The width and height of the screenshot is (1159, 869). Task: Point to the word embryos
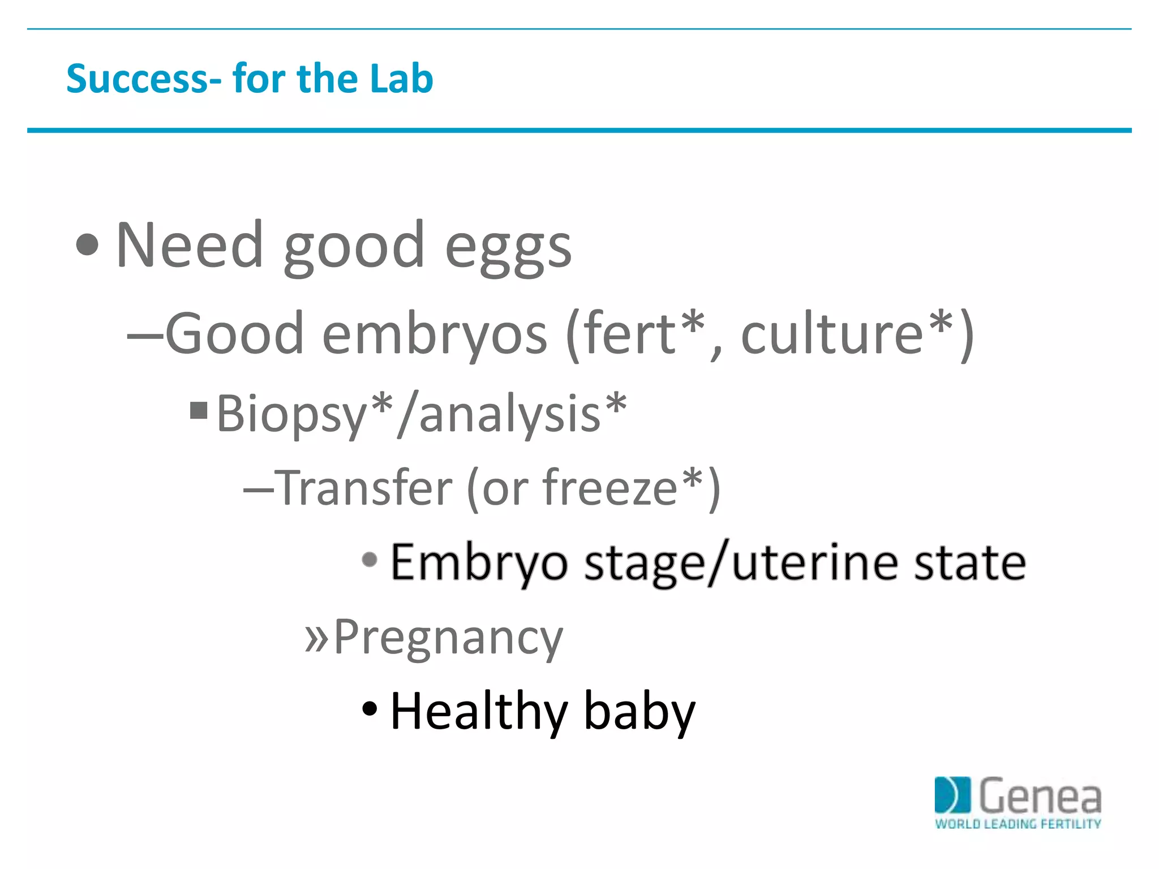434,335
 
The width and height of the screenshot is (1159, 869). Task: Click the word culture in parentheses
832,335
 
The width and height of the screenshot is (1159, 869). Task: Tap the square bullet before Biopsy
199,410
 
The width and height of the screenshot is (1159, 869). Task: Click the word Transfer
365,488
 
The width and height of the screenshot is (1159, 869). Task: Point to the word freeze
609,488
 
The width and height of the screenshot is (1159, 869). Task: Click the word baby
639,712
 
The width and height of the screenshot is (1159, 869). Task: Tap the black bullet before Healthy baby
369,708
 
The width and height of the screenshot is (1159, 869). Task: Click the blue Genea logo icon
952,795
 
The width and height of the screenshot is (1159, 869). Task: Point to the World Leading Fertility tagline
1018,824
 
